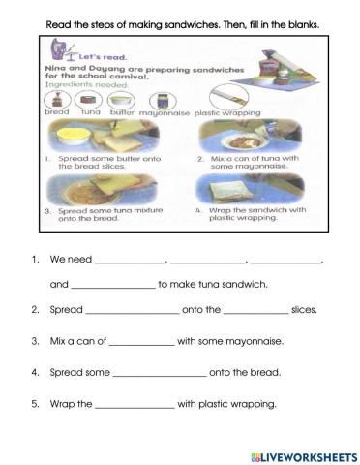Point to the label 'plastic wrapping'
(x=224, y=111)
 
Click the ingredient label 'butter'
(x=124, y=111)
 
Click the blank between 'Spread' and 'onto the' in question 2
(x=133, y=312)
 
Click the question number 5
(x=35, y=404)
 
